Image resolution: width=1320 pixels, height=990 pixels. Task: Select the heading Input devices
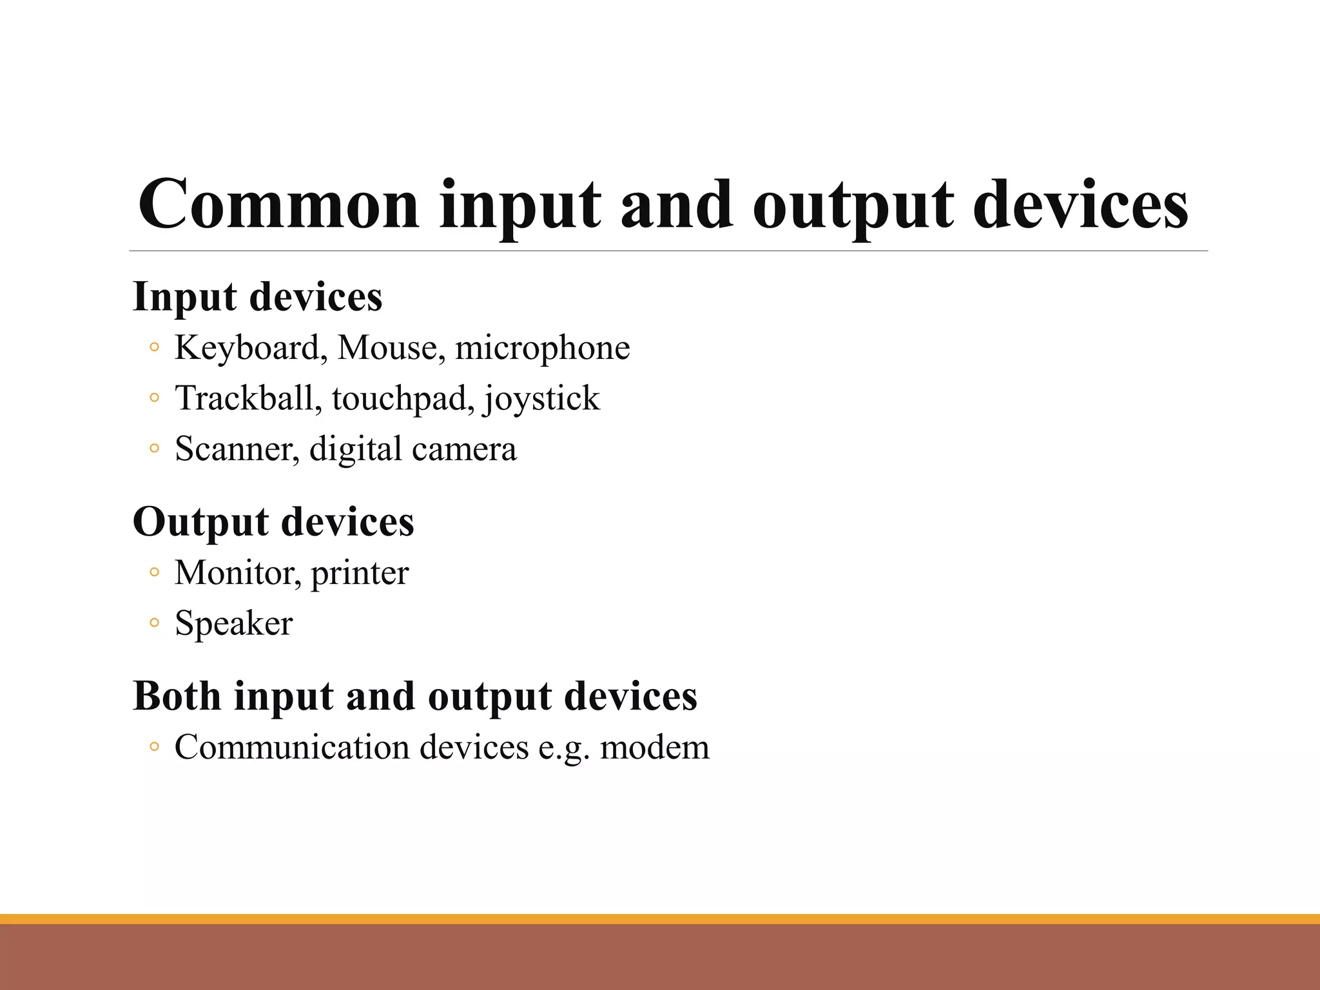coord(257,297)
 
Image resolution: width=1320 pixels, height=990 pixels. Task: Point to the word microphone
coord(542,349)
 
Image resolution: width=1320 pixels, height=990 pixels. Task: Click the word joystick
coord(541,399)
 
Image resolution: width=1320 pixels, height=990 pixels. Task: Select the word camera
coord(465,449)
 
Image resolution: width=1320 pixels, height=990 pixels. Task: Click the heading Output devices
coord(273,522)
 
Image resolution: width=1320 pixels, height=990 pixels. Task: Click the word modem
coord(654,748)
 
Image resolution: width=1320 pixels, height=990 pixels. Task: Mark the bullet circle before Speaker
coord(153,623)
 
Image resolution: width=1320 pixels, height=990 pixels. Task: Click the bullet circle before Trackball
coord(153,398)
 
